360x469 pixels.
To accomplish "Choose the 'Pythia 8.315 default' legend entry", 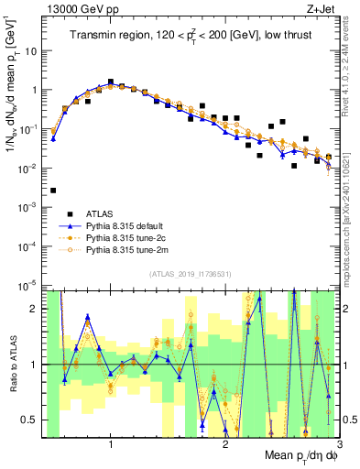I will click(128, 225).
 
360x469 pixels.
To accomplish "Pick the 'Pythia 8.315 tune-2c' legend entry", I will click(128, 237).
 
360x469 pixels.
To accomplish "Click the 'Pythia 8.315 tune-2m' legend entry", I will click(128, 249).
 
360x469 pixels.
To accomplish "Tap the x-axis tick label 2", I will click(225, 446).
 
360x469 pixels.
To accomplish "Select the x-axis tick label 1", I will click(111, 446).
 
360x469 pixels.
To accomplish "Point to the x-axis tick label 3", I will click(338, 446).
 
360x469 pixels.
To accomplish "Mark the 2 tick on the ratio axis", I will click(36, 309).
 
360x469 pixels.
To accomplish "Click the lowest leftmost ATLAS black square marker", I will click(53, 191).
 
